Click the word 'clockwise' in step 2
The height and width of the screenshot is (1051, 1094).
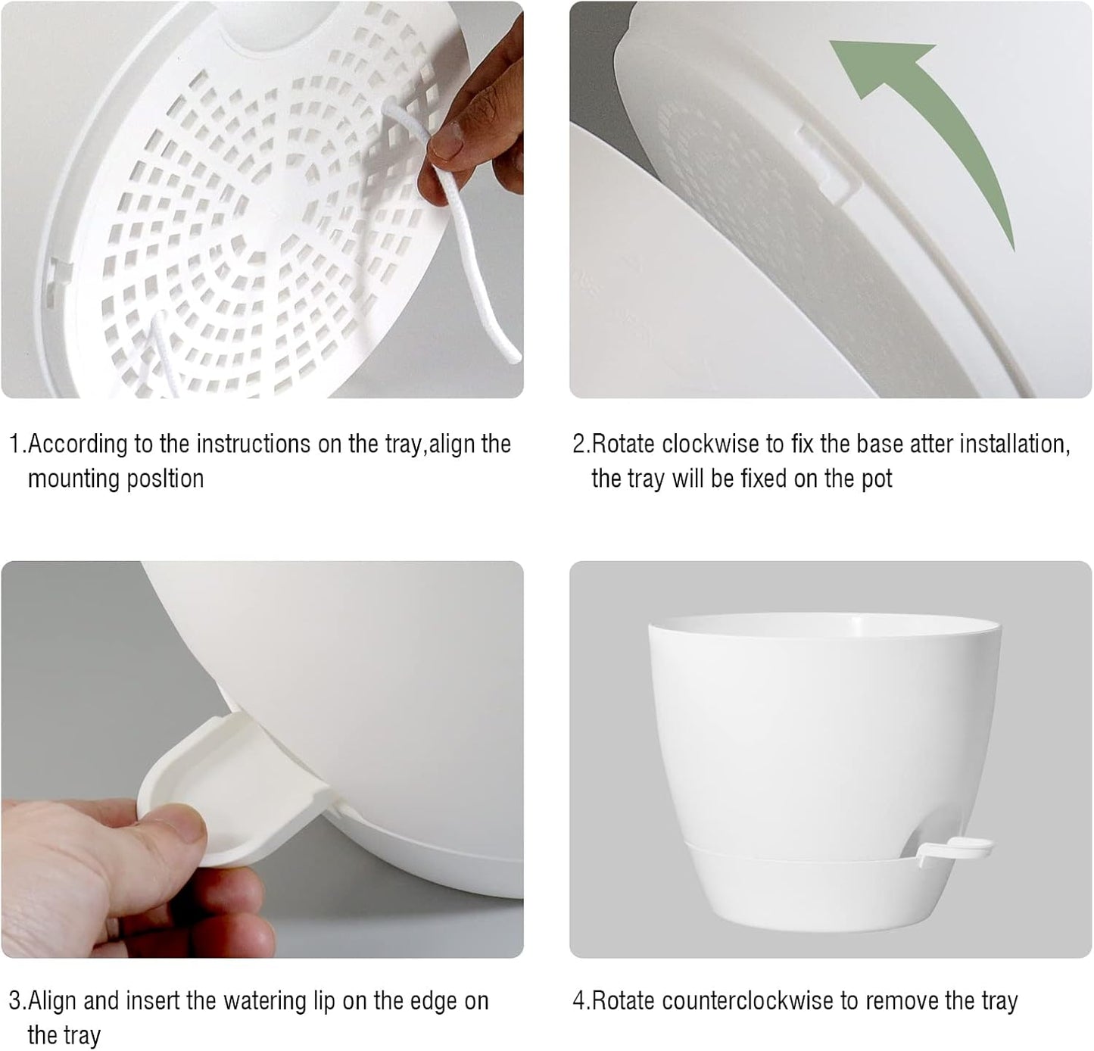coord(711,444)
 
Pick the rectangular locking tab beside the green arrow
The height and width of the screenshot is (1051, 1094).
coord(830,163)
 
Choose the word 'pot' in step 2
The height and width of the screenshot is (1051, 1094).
coord(877,479)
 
